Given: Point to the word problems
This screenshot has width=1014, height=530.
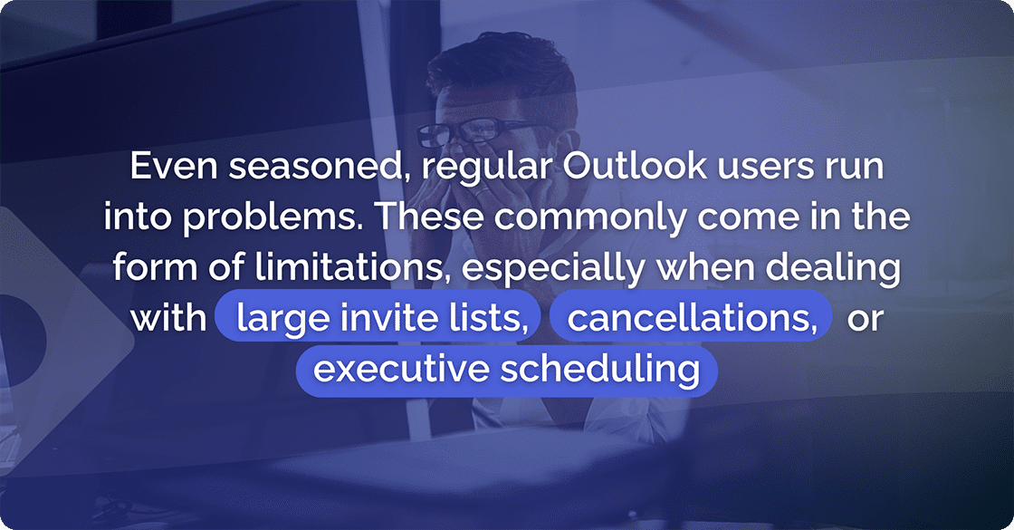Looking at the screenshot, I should (x=267, y=218).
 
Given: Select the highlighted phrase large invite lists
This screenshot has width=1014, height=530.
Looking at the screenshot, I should (x=380, y=319).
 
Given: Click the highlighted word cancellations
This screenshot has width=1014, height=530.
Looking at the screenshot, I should (x=691, y=319).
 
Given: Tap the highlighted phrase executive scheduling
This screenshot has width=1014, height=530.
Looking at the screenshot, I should (x=506, y=370).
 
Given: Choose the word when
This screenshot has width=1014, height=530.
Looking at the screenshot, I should (x=711, y=268).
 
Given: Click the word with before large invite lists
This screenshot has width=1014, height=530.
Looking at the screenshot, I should (x=168, y=319).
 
